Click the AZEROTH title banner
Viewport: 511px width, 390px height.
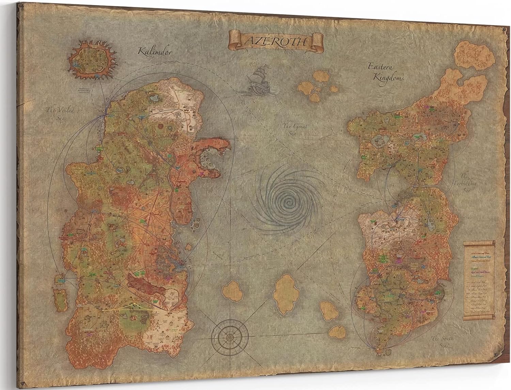click(x=276, y=41)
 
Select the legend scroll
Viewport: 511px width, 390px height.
click(x=478, y=281)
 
